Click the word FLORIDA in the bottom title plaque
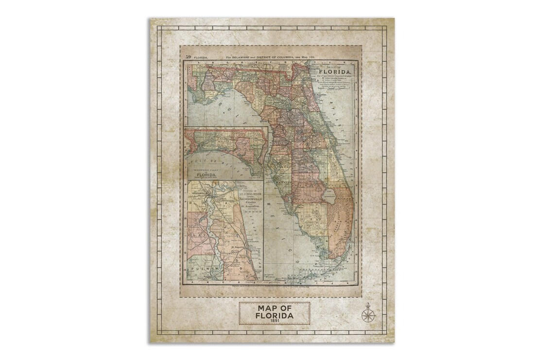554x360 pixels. (x=275, y=316)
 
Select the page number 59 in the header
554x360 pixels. (x=188, y=57)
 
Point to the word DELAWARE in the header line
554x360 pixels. (x=241, y=57)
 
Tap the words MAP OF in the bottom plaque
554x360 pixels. (x=275, y=308)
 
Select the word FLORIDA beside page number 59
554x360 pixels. (x=201, y=58)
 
